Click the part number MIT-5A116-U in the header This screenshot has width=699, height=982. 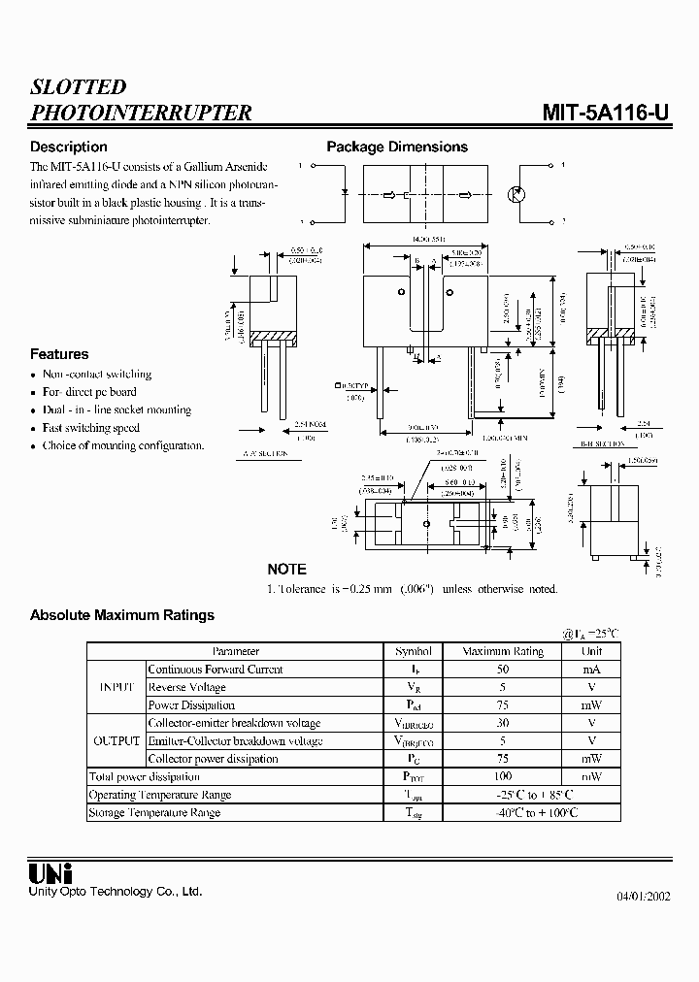(605, 113)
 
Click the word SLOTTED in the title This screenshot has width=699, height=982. (79, 87)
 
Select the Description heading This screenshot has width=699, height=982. (69, 147)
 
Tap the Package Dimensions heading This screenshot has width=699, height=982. (397, 147)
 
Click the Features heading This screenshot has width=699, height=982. (59, 355)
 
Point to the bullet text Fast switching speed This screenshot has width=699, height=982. (91, 428)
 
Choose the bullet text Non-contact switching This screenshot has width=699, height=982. (97, 375)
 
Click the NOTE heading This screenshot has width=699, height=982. (286, 570)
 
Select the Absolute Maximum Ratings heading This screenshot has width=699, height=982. (122, 615)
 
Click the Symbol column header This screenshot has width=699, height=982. (414, 652)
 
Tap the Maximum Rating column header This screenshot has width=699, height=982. (503, 652)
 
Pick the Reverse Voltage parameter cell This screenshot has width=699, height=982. (187, 687)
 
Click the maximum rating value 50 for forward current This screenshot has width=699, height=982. (503, 670)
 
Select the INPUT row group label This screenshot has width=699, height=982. (116, 687)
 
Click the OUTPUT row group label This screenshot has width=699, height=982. (116, 741)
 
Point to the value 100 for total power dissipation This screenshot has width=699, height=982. (503, 777)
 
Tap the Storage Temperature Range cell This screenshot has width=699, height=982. (154, 813)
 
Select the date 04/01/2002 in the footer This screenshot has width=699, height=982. (643, 896)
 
